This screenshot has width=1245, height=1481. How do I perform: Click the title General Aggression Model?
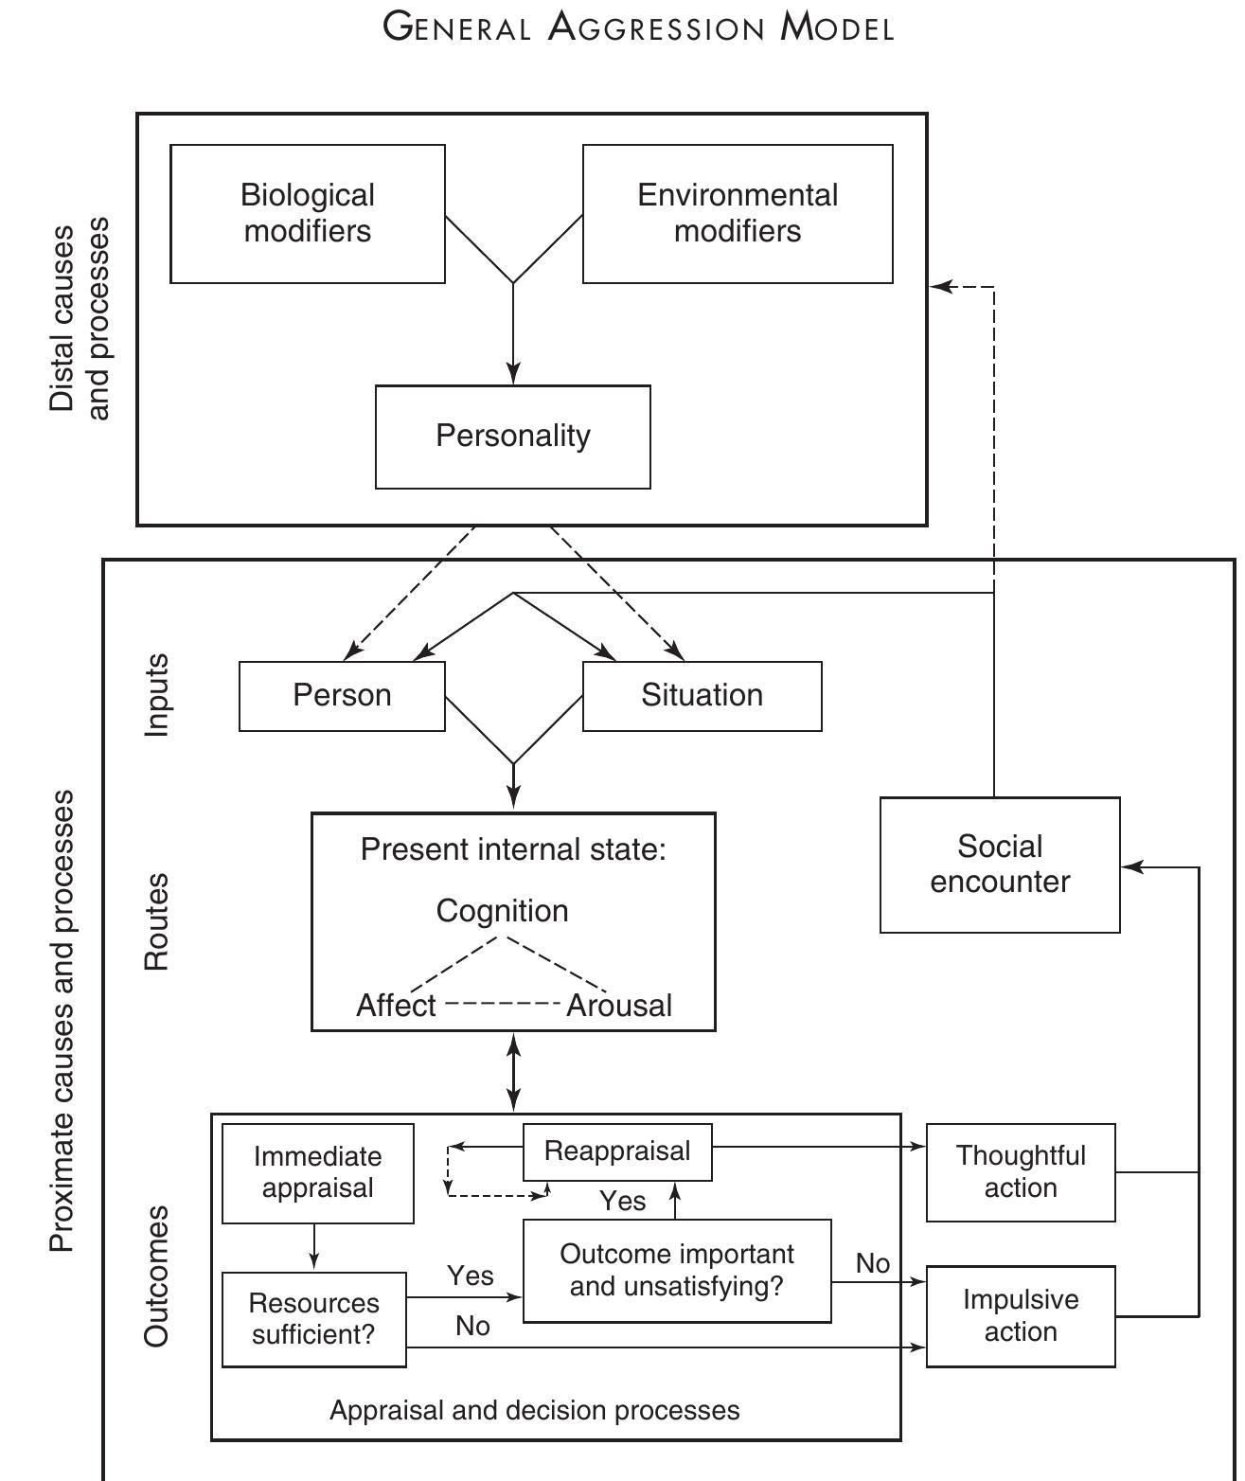point(638,27)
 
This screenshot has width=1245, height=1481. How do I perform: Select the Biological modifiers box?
point(308,213)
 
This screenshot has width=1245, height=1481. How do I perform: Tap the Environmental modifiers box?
point(738,213)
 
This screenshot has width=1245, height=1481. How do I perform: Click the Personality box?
point(513,437)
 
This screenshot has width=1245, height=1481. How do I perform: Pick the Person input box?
point(342,696)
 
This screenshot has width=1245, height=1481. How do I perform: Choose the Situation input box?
point(702,696)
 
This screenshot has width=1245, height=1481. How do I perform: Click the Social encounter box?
point(1000,865)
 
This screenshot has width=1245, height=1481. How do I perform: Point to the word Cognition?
point(502,911)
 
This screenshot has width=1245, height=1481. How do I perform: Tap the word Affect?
point(396,1006)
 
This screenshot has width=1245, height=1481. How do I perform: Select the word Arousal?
point(619,1006)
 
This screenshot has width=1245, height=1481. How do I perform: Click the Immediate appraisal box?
point(317,1172)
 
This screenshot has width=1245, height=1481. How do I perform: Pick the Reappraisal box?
point(617,1151)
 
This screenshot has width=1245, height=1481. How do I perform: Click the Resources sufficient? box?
point(313,1319)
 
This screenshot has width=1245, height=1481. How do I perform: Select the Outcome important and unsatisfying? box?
point(677,1271)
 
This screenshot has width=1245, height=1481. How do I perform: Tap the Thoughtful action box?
point(1021,1172)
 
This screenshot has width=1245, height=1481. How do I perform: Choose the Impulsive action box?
point(1021,1316)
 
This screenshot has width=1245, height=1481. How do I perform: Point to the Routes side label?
point(156,921)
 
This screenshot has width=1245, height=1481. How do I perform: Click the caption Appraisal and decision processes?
point(535,1411)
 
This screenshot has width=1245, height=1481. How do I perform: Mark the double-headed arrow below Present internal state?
point(513,1072)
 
